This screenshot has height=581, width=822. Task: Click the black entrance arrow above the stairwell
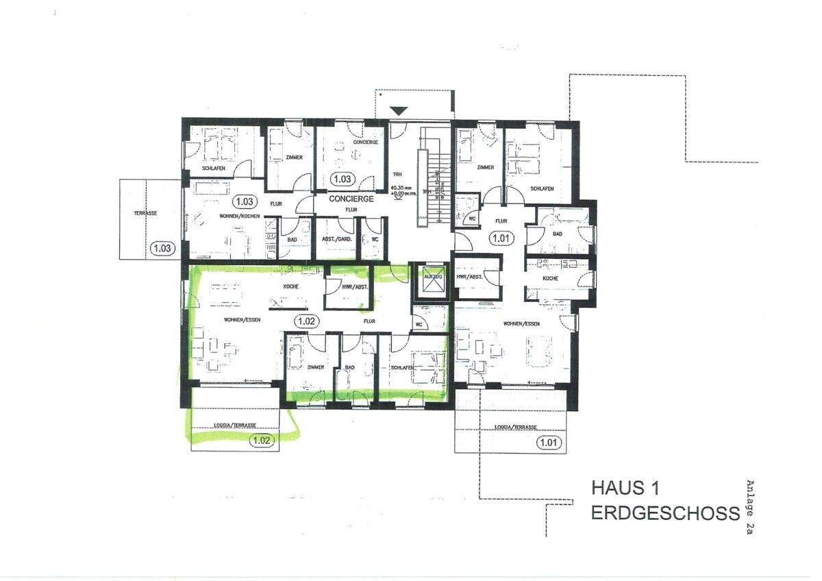point(399,110)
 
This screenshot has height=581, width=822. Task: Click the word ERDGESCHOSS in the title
point(665,514)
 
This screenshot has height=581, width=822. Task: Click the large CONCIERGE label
point(351,199)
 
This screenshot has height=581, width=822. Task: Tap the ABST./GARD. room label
point(336,239)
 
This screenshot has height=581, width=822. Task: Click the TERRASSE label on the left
point(145,213)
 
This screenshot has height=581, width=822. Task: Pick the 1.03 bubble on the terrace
point(162,248)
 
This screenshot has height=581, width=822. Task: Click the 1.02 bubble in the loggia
point(262,441)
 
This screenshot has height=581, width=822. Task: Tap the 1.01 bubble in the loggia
point(547,443)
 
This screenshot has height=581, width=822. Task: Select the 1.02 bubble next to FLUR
point(306,320)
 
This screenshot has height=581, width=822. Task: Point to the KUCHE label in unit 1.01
point(550,279)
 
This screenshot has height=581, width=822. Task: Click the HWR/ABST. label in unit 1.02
point(356,287)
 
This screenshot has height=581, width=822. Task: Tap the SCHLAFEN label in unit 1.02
point(403,368)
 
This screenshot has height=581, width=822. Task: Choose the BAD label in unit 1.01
point(558,234)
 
